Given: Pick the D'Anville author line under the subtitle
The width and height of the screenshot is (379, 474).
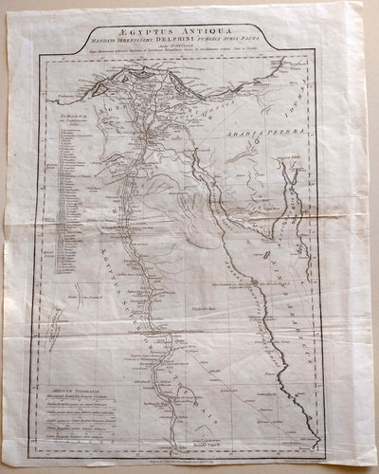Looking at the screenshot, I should (x=194, y=48).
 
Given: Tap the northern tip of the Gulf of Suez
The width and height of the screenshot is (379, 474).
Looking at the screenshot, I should (x=216, y=149).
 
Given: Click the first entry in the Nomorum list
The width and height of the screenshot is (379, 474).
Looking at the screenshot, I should (x=76, y=133).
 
